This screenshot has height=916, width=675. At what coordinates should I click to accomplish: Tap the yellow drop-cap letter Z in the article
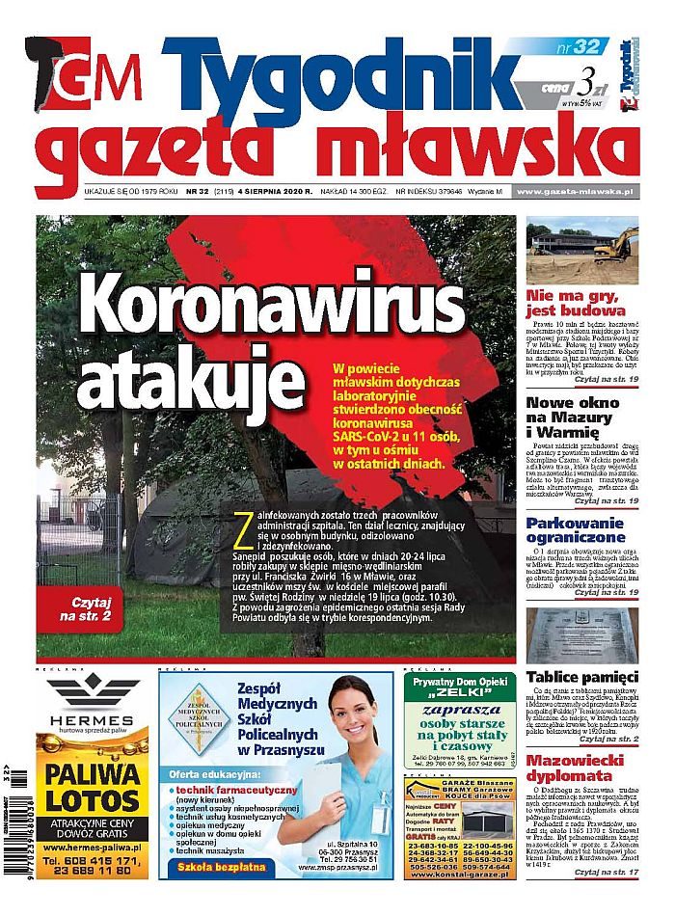(239, 529)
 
